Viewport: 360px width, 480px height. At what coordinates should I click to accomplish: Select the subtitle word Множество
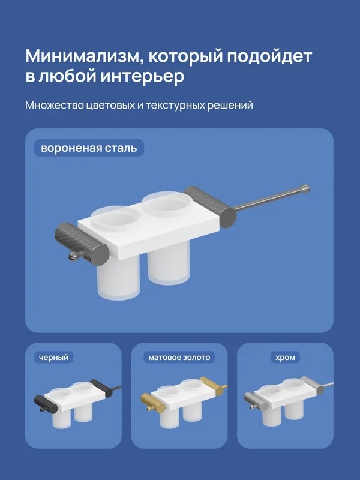(x=54, y=105)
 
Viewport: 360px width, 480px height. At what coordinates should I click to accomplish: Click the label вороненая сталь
(x=89, y=148)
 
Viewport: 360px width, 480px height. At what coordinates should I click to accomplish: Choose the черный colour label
(x=53, y=357)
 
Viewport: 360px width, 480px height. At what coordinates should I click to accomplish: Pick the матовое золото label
(x=179, y=357)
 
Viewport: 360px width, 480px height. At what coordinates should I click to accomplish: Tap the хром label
(x=285, y=357)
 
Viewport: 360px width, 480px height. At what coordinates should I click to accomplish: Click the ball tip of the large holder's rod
(x=305, y=187)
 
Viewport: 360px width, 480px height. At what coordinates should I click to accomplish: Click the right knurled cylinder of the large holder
(x=211, y=206)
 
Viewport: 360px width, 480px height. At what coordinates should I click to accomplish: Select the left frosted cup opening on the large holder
(x=115, y=218)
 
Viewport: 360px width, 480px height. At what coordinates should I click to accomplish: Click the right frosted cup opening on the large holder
(x=166, y=203)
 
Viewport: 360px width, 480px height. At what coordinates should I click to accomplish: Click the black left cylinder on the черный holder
(x=46, y=404)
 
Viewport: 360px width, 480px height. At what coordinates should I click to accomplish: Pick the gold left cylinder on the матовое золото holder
(x=152, y=401)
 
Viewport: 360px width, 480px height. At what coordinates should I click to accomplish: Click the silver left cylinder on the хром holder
(x=256, y=400)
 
